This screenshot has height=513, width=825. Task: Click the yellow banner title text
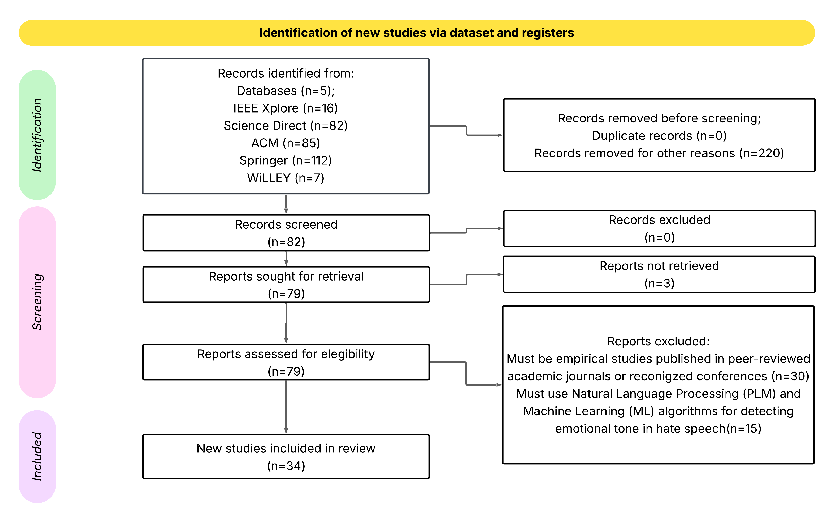tap(416, 33)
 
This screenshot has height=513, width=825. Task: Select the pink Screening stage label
tap(37, 302)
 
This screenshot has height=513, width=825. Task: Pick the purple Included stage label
tap(37, 456)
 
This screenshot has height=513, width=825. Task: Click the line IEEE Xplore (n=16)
tap(286, 108)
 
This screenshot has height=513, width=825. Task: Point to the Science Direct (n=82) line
tap(286, 125)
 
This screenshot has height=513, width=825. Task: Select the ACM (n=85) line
tap(286, 143)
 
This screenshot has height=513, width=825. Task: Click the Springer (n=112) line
tap(286, 160)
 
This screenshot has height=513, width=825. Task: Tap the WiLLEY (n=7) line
tap(286, 178)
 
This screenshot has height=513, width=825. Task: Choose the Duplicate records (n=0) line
tap(659, 136)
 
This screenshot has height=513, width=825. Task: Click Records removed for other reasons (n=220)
tap(659, 153)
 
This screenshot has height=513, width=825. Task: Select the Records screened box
tap(286, 233)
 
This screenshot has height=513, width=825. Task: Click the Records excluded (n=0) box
tap(659, 228)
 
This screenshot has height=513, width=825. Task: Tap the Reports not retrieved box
tap(659, 274)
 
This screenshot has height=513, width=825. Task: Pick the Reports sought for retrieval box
tap(286, 284)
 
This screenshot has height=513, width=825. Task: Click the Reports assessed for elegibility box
tap(286, 362)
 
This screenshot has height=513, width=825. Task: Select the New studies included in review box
tap(286, 456)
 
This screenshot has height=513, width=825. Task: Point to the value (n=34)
tap(286, 466)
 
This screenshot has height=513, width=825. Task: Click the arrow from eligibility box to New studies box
tap(286, 407)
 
